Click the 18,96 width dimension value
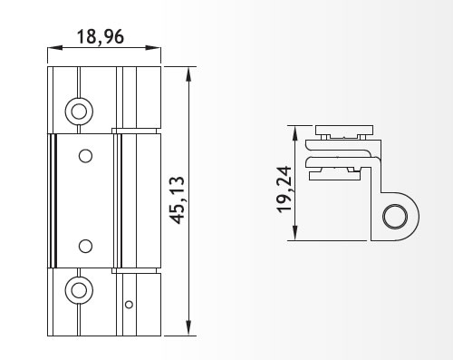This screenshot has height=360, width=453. pyautogui.click(x=101, y=37)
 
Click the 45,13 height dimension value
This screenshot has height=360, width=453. pyautogui.click(x=177, y=200)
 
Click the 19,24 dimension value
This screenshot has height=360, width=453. pyautogui.click(x=284, y=190)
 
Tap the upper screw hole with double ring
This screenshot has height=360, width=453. pyautogui.click(x=79, y=112)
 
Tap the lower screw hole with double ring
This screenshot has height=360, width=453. pyautogui.click(x=79, y=290)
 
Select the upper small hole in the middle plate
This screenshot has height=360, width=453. pyautogui.click(x=85, y=156)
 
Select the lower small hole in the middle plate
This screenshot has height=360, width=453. pyautogui.click(x=85, y=246)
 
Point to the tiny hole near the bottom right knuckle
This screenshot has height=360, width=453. pyautogui.click(x=129, y=305)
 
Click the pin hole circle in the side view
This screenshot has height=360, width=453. pyautogui.click(x=395, y=217)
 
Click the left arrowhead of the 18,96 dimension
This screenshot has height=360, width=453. pyautogui.click(x=54, y=48)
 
